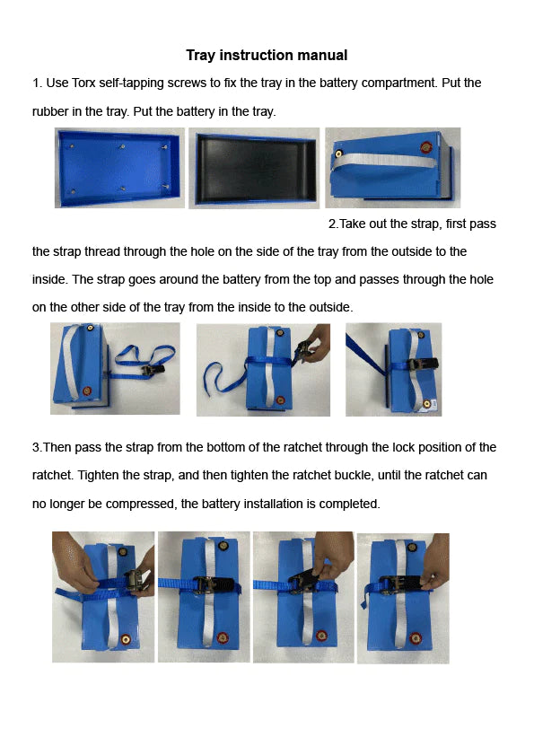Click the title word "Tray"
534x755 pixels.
click(202, 56)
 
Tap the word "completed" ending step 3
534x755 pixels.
click(351, 504)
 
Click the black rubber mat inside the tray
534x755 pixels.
click(254, 169)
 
